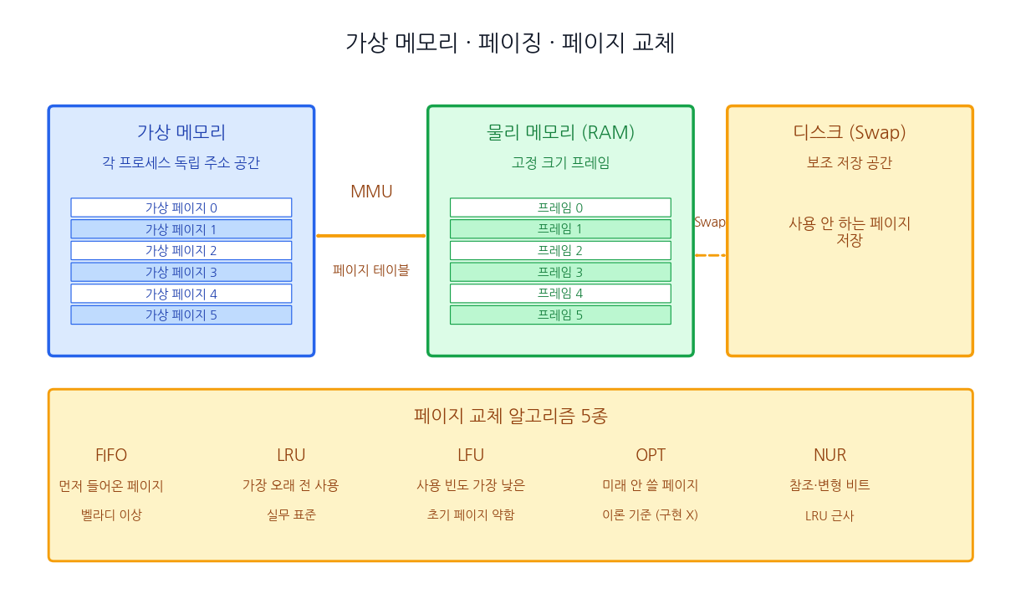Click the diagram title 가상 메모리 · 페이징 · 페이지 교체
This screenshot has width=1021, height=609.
(x=510, y=43)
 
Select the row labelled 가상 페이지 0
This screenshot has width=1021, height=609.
(x=181, y=207)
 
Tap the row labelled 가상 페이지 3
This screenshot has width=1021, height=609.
(x=181, y=272)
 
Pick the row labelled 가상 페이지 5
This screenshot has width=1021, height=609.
(x=181, y=315)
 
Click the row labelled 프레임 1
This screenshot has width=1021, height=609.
(x=560, y=229)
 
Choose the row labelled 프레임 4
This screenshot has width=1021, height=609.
(x=560, y=294)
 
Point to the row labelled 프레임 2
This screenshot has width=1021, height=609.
(x=560, y=250)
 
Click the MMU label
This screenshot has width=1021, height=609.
(x=371, y=192)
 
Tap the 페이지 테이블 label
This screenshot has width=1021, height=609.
(x=371, y=270)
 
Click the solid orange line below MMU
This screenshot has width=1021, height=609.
(x=371, y=236)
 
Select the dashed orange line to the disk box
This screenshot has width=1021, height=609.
(x=710, y=255)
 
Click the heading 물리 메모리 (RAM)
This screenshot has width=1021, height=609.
(x=560, y=132)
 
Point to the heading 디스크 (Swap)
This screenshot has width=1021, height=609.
(x=850, y=132)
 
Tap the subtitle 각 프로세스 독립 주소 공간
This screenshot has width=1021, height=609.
(x=181, y=163)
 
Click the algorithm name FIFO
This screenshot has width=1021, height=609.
(x=111, y=455)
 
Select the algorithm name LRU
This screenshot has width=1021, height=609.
(x=291, y=455)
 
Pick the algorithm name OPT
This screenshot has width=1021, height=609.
(x=651, y=455)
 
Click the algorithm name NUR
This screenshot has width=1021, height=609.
(x=830, y=455)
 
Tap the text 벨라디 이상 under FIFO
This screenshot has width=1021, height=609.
(x=111, y=515)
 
